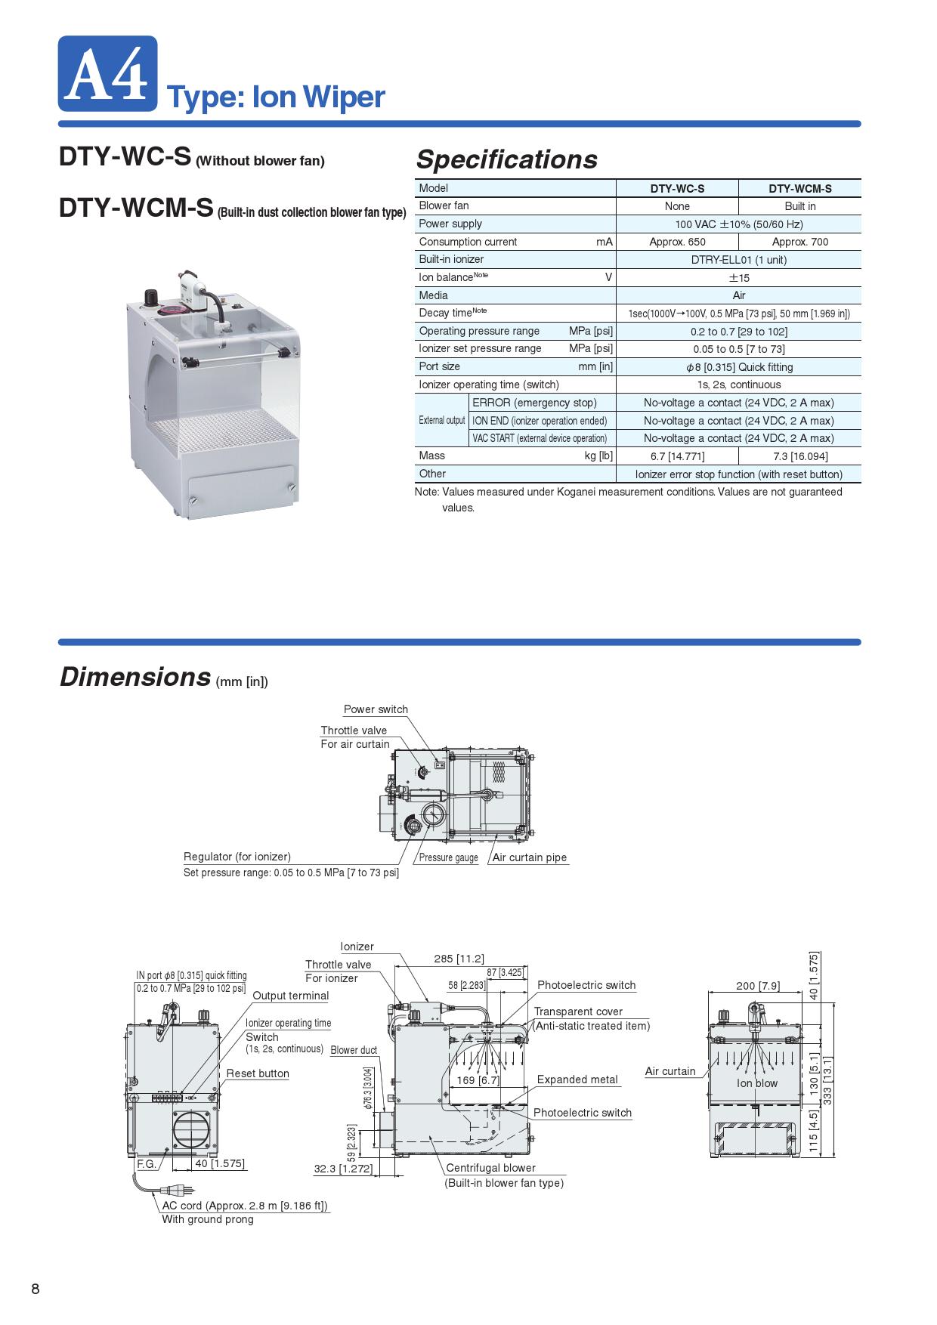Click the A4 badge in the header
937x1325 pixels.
click(x=107, y=73)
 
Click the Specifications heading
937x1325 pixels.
click(x=506, y=159)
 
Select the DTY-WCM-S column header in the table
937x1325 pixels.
click(x=799, y=189)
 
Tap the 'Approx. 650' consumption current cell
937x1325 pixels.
click(x=677, y=242)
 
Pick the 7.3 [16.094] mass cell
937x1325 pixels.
click(x=799, y=456)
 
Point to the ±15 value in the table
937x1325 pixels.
click(x=738, y=278)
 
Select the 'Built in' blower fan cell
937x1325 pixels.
click(x=799, y=206)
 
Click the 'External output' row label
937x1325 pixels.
click(x=442, y=420)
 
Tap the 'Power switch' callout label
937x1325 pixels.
click(x=376, y=709)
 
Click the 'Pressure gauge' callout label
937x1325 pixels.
click(x=448, y=857)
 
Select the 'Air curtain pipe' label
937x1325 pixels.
click(x=529, y=857)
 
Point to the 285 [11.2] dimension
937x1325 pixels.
click(x=459, y=959)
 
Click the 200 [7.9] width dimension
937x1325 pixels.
click(x=758, y=986)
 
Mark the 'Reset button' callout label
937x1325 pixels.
click(x=258, y=1073)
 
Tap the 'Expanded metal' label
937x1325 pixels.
click(x=577, y=1079)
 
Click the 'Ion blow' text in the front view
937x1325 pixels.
click(x=757, y=1083)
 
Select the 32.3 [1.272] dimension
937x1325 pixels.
click(x=343, y=1169)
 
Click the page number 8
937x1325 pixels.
click(x=36, y=1289)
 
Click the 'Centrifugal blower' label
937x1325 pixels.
click(x=490, y=1168)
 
